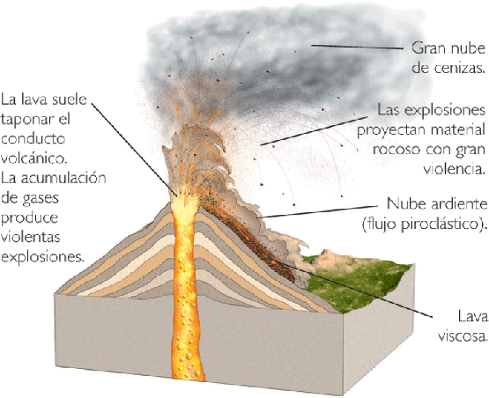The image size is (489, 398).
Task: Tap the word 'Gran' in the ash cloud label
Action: [x=427, y=48]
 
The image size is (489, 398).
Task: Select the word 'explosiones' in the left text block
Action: [x=42, y=258]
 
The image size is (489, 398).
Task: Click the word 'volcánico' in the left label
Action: [x=34, y=158]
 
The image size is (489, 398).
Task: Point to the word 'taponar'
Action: [x=26, y=120]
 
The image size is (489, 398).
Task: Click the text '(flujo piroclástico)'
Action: [x=425, y=225]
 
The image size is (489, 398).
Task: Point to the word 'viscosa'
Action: [x=463, y=336]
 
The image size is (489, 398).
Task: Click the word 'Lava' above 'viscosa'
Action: [x=472, y=317]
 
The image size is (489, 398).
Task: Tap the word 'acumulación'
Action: [x=63, y=178]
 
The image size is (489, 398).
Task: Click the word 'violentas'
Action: [x=31, y=237]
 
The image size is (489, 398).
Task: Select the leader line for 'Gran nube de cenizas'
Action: [x=358, y=47]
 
